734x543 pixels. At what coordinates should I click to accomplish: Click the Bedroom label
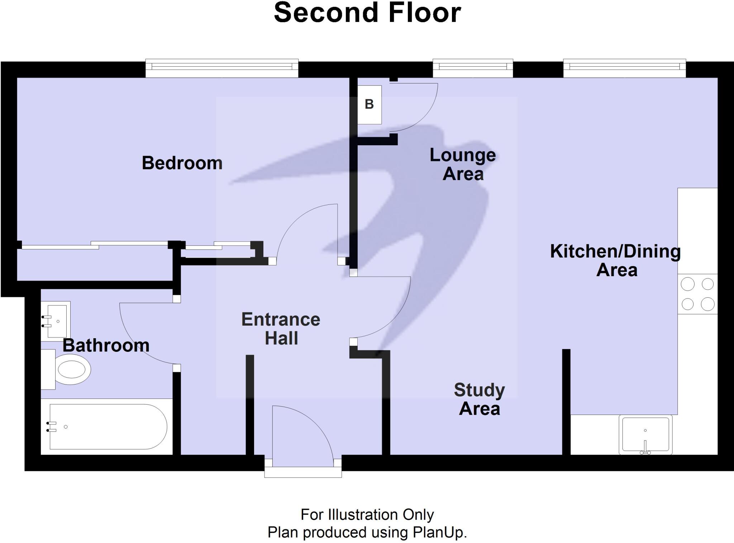pyautogui.click(x=182, y=163)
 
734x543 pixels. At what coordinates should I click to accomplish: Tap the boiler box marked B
pyautogui.click(x=370, y=105)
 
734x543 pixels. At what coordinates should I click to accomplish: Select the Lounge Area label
pyautogui.click(x=463, y=165)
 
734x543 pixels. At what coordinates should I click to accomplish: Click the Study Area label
pyautogui.click(x=479, y=399)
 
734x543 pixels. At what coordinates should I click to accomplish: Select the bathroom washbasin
pyautogui.click(x=56, y=320)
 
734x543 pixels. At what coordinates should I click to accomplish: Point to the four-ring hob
pyautogui.click(x=697, y=294)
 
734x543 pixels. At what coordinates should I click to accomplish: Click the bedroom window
pyautogui.click(x=222, y=68)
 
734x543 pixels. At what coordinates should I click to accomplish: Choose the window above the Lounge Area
pyautogui.click(x=473, y=68)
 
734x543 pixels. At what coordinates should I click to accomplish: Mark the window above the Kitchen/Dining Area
pyautogui.click(x=624, y=68)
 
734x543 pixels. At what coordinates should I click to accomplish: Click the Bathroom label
pyautogui.click(x=106, y=345)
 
